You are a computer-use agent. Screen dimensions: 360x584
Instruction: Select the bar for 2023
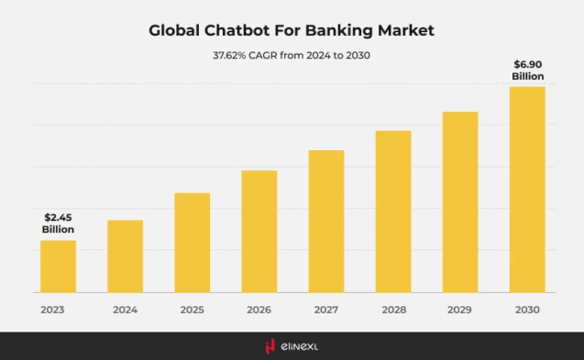coord(58,266)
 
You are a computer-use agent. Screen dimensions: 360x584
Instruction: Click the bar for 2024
coord(125,256)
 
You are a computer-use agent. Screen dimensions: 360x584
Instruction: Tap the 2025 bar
coord(192,242)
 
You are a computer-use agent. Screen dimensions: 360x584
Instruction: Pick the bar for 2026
coord(259,231)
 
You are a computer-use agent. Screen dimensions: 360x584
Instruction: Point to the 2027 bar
coord(326,221)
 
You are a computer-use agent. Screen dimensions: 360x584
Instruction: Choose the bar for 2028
coord(393,211)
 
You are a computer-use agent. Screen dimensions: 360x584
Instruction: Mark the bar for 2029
coord(460,202)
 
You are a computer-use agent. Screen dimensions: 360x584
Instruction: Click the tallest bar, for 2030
coord(527,189)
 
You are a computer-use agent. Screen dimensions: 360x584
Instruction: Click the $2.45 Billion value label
coord(58,224)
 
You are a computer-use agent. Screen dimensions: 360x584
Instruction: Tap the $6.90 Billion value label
coord(527,70)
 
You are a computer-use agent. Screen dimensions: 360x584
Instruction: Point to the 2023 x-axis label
coord(52,310)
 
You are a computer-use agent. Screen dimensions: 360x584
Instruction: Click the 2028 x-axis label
coord(392,310)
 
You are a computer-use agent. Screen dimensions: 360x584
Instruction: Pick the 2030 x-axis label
coord(527,310)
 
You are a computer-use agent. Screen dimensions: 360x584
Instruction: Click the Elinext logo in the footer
coord(292,345)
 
